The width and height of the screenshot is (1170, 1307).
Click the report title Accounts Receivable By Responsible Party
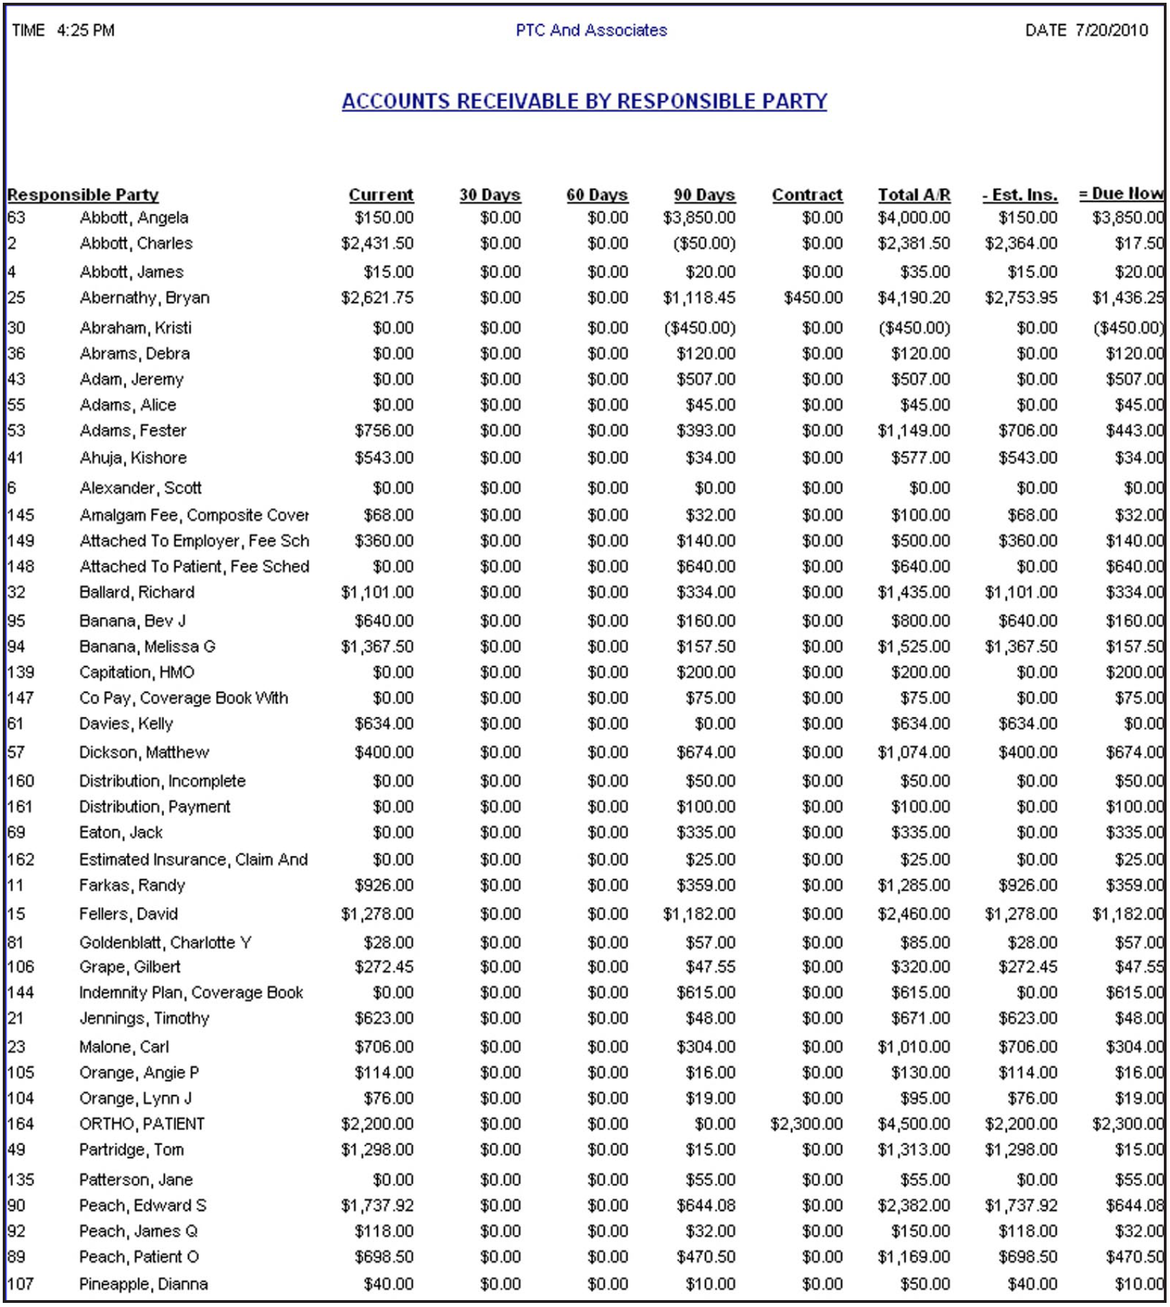click(584, 101)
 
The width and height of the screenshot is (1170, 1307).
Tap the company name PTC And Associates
click(591, 30)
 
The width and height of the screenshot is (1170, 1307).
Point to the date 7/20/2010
click(1111, 30)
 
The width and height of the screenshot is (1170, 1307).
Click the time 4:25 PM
click(86, 30)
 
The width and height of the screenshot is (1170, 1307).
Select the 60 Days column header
click(597, 195)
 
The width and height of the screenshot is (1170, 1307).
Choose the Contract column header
click(807, 195)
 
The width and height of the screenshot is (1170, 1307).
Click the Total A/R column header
click(914, 195)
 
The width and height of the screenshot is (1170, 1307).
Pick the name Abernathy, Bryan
click(145, 298)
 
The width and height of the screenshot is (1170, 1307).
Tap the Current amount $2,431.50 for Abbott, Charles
click(377, 243)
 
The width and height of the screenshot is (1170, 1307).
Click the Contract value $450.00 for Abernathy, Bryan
click(813, 298)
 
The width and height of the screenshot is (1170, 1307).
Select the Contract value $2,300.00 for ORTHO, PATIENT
click(807, 1124)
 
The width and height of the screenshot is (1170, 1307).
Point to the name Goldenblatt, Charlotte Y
click(165, 942)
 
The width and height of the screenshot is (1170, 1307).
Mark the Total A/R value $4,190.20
click(914, 298)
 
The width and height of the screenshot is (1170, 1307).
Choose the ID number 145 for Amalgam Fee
click(21, 515)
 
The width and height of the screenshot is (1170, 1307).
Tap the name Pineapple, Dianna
click(143, 1284)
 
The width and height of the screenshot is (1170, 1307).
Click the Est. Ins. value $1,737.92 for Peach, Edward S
click(1021, 1206)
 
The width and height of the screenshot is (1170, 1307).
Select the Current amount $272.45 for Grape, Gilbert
click(384, 967)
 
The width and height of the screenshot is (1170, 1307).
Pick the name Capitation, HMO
click(136, 672)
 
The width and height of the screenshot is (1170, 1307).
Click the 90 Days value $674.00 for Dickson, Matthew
click(706, 752)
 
